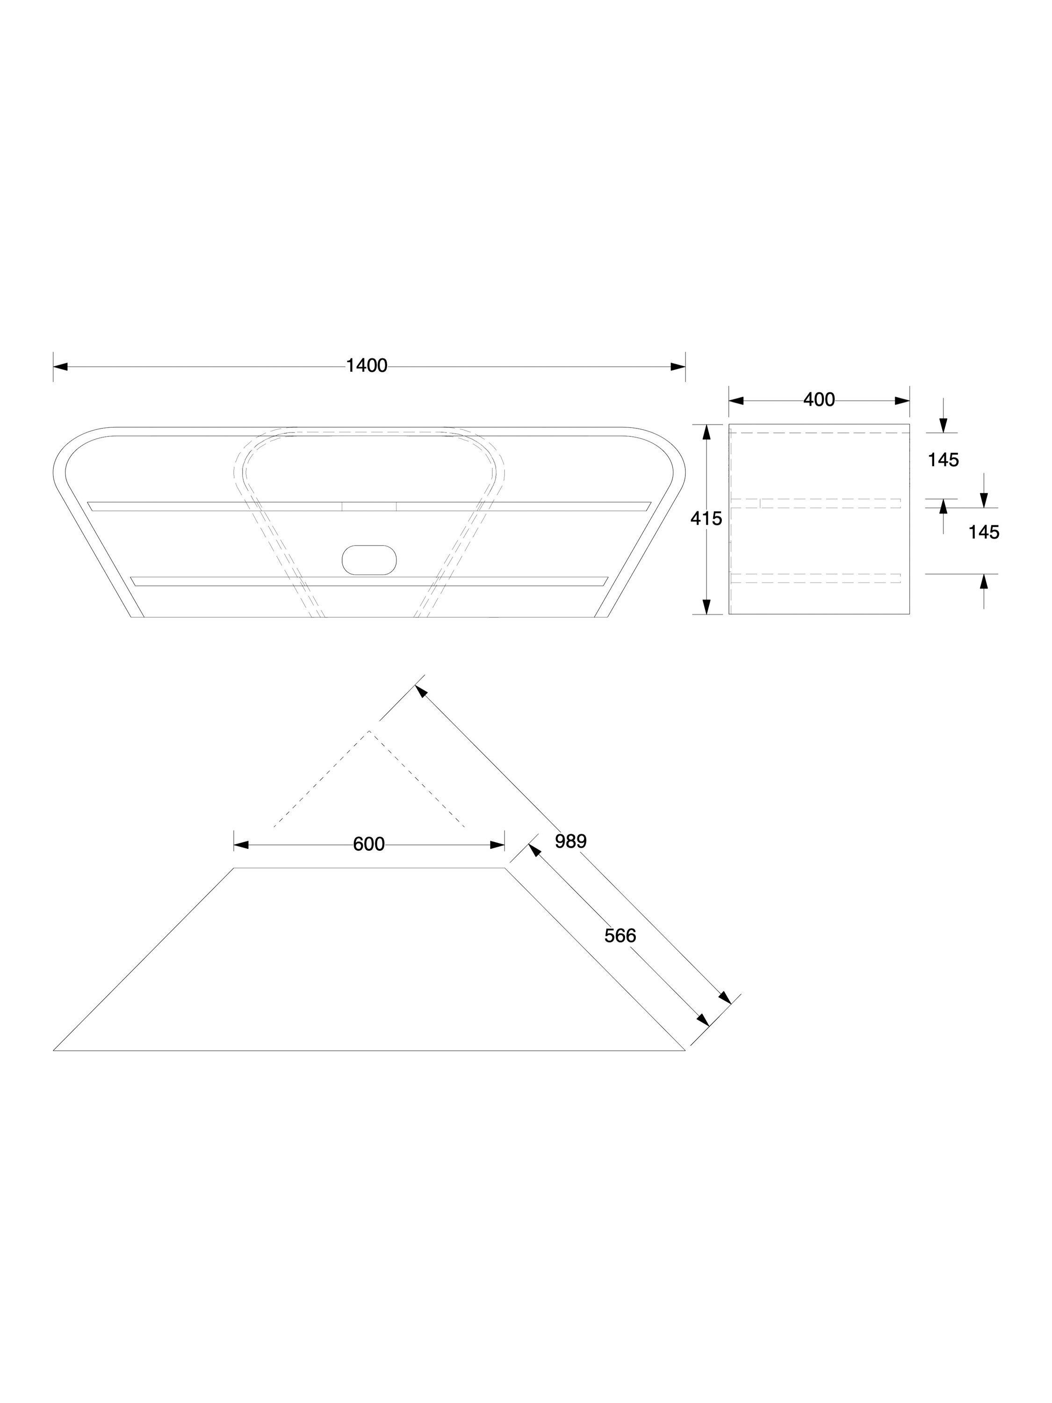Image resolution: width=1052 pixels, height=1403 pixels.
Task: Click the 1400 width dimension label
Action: click(x=366, y=366)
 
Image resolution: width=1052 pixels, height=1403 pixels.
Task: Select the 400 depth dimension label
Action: click(x=819, y=400)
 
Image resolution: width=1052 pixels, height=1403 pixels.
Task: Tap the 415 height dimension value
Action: click(x=706, y=519)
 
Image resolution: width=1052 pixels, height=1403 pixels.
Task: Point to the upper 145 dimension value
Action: click(x=943, y=460)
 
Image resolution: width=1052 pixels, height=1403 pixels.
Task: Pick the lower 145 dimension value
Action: click(x=984, y=532)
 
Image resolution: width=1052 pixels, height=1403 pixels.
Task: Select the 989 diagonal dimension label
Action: click(x=571, y=841)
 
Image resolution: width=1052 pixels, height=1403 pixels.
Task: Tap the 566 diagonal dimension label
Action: click(x=620, y=935)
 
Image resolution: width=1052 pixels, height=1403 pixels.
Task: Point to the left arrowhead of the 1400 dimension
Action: click(x=60, y=367)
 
